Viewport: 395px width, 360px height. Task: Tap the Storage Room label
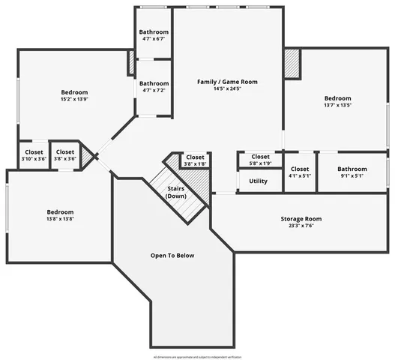pyautogui.click(x=301, y=219)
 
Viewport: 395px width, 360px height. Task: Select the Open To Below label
pyautogui.click(x=172, y=256)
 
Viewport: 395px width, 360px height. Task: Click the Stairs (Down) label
pyautogui.click(x=176, y=192)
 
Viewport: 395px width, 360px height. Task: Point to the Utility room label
pyautogui.click(x=258, y=181)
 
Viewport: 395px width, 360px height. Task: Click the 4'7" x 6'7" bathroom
pyautogui.click(x=154, y=36)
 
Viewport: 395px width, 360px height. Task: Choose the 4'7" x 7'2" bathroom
pyautogui.click(x=154, y=87)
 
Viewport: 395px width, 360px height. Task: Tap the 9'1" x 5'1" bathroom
pyautogui.click(x=352, y=172)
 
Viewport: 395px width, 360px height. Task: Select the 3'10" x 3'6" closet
pyautogui.click(x=34, y=155)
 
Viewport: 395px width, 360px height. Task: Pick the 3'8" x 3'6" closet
pyautogui.click(x=65, y=155)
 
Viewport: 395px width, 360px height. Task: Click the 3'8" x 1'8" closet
pyautogui.click(x=195, y=160)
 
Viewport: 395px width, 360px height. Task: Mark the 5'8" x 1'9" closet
pyautogui.click(x=260, y=160)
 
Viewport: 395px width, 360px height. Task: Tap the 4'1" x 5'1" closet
pyautogui.click(x=300, y=172)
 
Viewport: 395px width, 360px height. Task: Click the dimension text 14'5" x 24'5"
pyautogui.click(x=227, y=88)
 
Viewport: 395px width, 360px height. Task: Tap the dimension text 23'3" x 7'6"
pyautogui.click(x=301, y=226)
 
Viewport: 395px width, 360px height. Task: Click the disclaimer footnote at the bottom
pyautogui.click(x=197, y=357)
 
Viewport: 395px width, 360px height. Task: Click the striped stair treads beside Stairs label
pyautogui.click(x=196, y=182)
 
